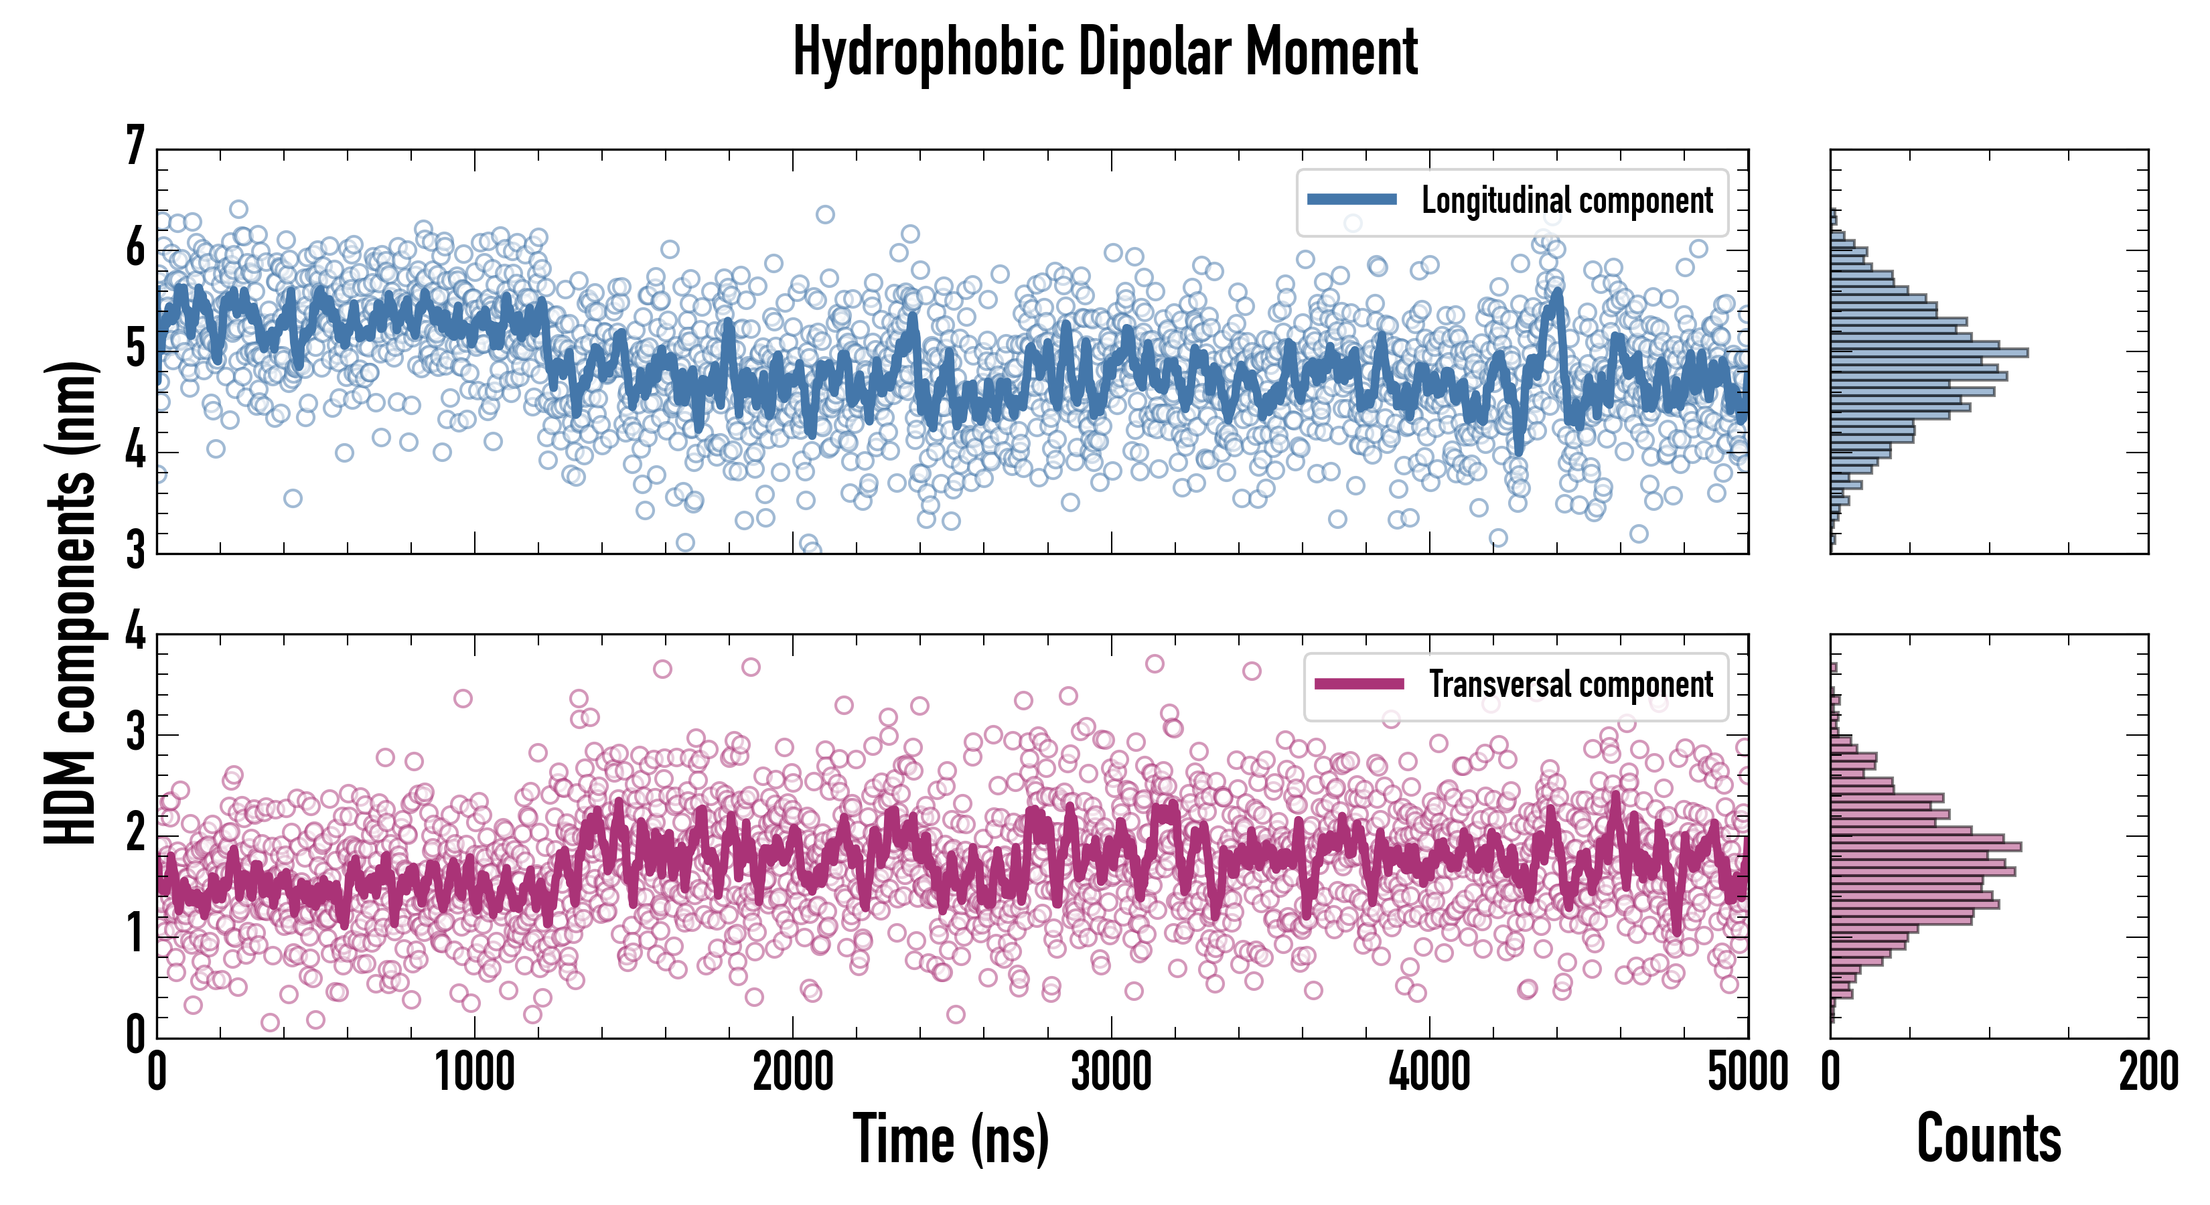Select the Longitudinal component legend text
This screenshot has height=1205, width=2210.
1566,201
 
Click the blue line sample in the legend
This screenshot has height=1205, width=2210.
1351,200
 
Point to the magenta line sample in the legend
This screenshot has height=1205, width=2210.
1359,684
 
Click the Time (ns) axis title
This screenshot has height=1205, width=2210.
950,1139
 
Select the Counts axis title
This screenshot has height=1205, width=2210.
1988,1139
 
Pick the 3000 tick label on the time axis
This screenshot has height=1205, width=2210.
1111,1072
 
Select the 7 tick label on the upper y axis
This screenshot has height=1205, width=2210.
135,147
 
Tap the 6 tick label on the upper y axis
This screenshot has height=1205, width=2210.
135,249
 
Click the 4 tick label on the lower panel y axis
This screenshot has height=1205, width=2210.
135,633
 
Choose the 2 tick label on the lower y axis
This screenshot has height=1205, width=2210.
135,833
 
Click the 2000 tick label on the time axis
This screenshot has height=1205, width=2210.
793,1072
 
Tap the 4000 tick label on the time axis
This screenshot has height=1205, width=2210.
1429,1072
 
